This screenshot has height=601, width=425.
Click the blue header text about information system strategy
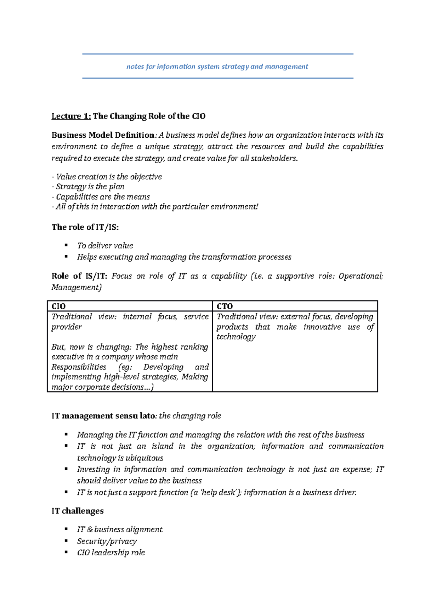[x=217, y=67]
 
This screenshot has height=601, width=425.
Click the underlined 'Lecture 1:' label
[x=71, y=116]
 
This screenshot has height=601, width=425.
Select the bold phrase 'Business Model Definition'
[x=103, y=135]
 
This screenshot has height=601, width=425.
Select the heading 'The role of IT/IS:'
[x=85, y=227]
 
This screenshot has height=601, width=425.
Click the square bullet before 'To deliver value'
[x=66, y=245]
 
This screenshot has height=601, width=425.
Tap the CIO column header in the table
[x=59, y=306]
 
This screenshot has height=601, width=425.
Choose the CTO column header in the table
[x=225, y=306]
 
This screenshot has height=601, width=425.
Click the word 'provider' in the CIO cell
[x=67, y=327]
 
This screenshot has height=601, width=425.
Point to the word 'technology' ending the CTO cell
[x=236, y=337]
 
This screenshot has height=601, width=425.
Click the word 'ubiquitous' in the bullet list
[x=144, y=458]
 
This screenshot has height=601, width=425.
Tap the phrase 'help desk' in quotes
[x=219, y=492]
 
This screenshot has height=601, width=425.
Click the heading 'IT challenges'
[x=78, y=511]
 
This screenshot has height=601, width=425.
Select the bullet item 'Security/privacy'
[x=107, y=541]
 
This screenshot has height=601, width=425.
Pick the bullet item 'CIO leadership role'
[x=111, y=553]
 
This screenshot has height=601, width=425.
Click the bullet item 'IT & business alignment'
[x=120, y=530]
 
